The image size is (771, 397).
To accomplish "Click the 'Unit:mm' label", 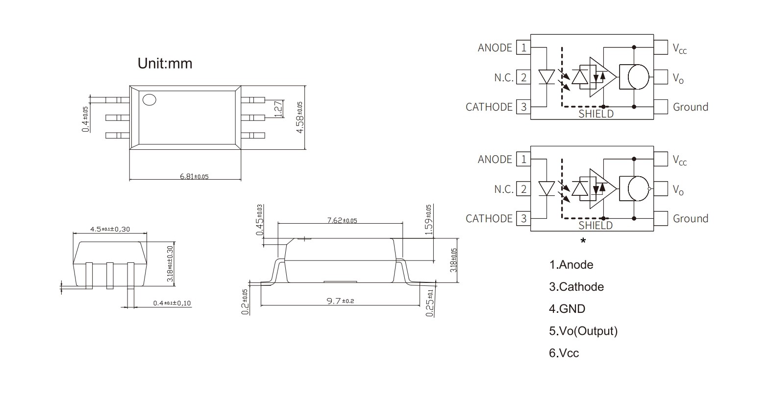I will [x=165, y=63].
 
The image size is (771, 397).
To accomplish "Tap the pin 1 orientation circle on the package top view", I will [x=149, y=100].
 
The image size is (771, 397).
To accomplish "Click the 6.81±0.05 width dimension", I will [x=194, y=176].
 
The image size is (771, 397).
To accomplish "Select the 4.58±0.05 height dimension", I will [x=299, y=117].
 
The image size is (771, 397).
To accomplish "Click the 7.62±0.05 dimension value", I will [x=342, y=220].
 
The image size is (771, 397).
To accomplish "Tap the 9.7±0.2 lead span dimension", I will [x=340, y=301].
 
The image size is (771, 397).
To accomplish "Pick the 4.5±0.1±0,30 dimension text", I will [x=110, y=229].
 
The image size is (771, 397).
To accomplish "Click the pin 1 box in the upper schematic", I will [x=524, y=47].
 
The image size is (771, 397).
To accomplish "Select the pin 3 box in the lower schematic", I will [x=524, y=218].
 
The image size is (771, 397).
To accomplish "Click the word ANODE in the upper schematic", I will [x=495, y=47].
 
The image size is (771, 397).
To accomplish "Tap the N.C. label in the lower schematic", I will [x=504, y=189].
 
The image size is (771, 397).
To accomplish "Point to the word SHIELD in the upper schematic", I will [x=596, y=114].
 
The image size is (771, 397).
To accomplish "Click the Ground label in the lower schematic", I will [x=690, y=218].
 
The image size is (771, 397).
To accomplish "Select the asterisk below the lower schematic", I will [x=583, y=241].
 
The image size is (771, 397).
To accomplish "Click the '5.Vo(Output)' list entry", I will [x=583, y=331].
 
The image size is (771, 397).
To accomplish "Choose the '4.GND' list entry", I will [x=567, y=309].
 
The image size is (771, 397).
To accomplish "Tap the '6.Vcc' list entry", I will [x=564, y=353].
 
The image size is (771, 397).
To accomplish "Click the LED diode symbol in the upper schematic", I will [x=546, y=77].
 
